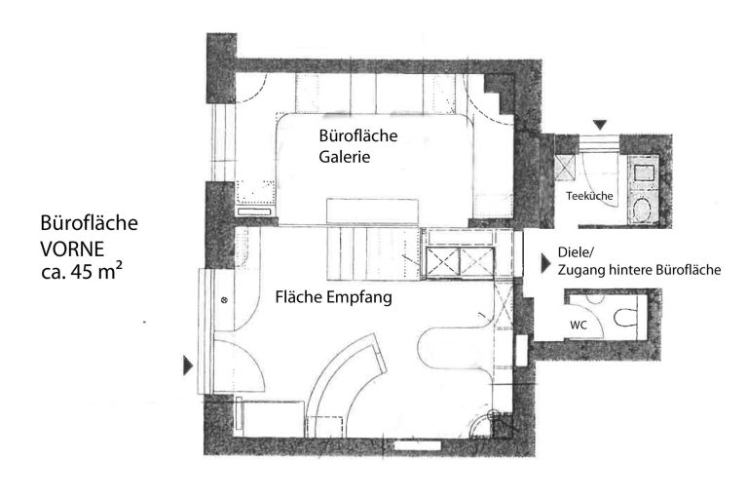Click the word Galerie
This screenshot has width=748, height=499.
[345, 157]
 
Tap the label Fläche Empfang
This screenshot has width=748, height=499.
[333, 297]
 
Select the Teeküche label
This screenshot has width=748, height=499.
[589, 196]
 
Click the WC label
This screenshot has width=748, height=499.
[579, 326]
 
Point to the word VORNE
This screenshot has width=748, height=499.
[72, 249]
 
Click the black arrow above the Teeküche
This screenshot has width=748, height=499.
[600, 125]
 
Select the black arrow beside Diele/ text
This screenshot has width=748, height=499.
[546, 263]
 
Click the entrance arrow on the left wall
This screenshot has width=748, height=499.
[188, 365]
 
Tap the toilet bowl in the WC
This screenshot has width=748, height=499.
[625, 318]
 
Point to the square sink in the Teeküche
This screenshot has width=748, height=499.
[644, 172]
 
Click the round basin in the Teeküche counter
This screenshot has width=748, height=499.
[643, 210]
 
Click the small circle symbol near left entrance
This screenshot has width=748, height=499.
[224, 300]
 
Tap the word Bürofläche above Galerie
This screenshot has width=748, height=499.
[358, 135]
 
